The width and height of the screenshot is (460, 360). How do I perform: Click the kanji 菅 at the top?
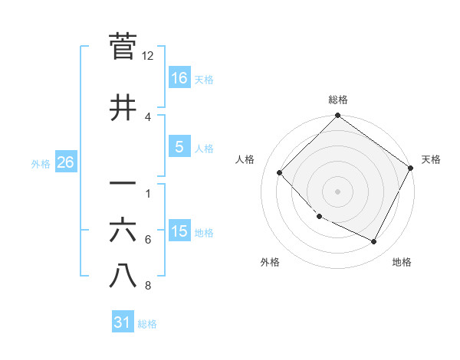123,47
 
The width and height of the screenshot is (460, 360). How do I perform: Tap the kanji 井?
123,108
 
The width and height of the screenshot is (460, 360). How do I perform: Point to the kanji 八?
123,276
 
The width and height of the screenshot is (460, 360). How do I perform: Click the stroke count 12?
148,56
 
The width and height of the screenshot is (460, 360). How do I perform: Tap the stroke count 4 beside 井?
148,116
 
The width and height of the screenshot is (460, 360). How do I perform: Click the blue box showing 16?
179,78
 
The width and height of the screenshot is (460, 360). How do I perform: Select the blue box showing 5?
179,147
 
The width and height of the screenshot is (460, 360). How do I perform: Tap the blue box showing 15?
179,231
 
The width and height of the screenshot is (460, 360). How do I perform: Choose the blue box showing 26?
65,162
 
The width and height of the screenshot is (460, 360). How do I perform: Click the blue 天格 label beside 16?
204,80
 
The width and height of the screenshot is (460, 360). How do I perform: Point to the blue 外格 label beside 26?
41,163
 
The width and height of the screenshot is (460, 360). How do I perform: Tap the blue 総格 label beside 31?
147,324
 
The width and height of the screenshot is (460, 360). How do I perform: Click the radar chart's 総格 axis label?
337,100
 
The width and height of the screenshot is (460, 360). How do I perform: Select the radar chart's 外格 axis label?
270,262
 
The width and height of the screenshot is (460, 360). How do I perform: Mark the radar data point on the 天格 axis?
410,168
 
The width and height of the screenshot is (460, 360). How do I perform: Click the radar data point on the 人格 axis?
280,172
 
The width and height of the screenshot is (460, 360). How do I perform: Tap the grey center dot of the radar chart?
337,191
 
